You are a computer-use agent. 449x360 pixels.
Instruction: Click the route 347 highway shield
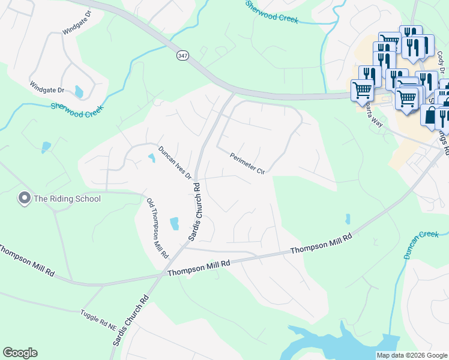(182, 55)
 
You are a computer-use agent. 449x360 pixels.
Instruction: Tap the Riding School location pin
(25, 198)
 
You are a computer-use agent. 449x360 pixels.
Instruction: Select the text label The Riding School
(67, 199)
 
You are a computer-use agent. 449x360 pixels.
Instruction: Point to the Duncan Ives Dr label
(175, 163)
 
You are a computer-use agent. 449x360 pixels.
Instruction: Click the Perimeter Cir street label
(247, 163)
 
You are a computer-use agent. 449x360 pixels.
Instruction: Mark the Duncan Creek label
(421, 245)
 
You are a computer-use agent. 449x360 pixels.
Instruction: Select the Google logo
(20, 353)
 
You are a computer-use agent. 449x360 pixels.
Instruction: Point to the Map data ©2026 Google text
(411, 355)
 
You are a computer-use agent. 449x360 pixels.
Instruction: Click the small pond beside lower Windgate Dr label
(79, 92)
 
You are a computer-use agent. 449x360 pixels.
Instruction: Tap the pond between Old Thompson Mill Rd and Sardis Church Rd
(175, 224)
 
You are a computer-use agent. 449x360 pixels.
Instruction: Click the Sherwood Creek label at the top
(272, 13)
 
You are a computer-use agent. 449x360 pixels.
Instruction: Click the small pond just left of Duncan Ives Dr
(151, 158)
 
